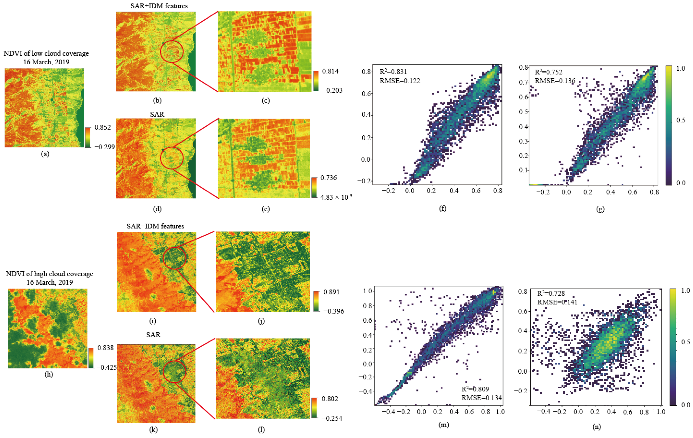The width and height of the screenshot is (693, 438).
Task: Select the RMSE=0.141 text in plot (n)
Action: [557, 302]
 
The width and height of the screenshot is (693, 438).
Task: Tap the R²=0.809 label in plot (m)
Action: [475, 389]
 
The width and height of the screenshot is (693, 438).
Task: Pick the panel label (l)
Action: [261, 430]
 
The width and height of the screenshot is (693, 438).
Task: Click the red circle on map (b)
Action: [172, 52]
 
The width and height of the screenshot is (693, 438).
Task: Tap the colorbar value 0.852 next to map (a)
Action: [102, 127]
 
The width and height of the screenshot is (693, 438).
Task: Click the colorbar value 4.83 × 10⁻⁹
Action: [335, 197]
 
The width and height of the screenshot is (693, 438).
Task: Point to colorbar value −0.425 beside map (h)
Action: [106, 368]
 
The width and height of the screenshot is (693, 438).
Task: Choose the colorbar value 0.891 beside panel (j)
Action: [331, 292]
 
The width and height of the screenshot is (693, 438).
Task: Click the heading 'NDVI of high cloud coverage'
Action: [50, 274]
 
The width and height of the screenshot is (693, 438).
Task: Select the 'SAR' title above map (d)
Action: [157, 114]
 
